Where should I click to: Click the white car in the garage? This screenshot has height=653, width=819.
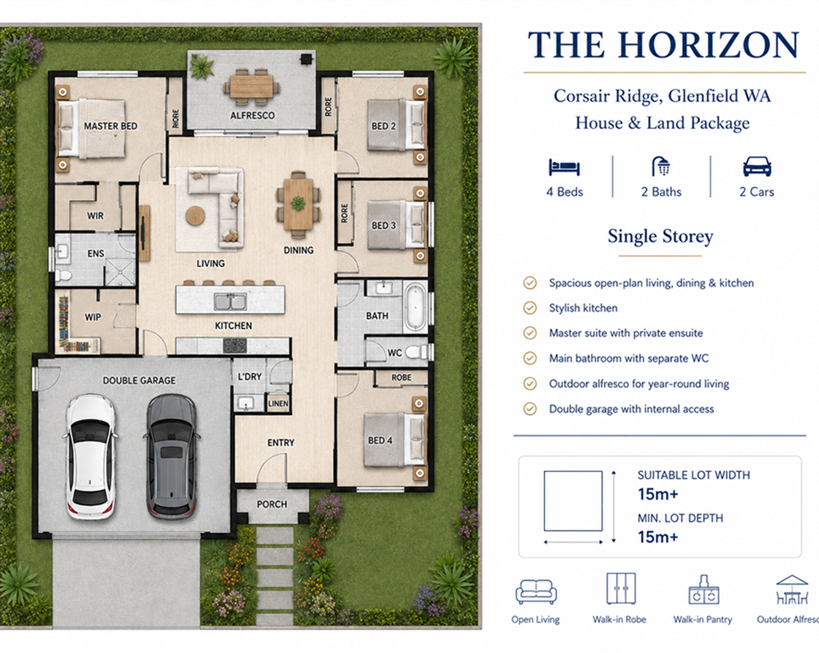point(91,457)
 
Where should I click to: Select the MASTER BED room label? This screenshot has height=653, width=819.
point(111,126)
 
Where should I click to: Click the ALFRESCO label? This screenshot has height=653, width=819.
point(252,116)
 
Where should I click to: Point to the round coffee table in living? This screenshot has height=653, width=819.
point(195,216)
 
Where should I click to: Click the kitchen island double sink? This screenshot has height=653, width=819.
point(230,301)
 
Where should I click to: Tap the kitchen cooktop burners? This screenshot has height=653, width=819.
point(235,346)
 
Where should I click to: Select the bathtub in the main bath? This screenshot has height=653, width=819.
point(415,306)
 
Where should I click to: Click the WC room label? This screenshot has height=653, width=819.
point(395,353)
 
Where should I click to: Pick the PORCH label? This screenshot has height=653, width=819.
point(272,504)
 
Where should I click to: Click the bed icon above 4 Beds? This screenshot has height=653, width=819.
point(564,167)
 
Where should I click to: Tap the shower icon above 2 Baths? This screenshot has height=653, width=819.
point(661,166)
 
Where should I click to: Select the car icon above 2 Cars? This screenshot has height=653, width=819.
point(757,166)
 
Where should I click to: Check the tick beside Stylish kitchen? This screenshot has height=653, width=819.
point(530,308)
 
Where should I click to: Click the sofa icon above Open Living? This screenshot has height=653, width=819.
point(536,592)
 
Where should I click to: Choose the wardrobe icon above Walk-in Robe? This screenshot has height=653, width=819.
point(621,588)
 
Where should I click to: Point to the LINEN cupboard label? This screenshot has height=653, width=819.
point(278,404)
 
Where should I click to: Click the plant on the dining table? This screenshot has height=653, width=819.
point(298,204)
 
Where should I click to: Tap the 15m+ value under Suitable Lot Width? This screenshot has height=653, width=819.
point(658,494)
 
